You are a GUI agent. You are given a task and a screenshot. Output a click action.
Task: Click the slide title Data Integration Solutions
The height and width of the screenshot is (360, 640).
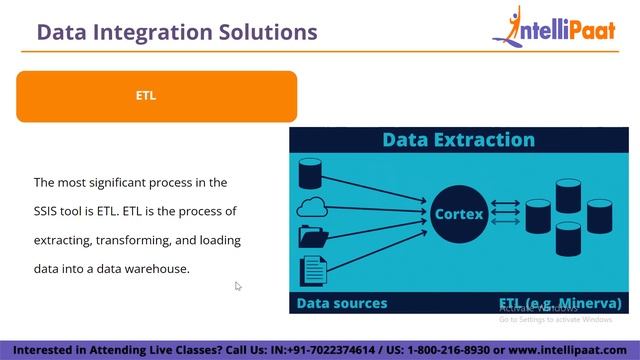(177, 32)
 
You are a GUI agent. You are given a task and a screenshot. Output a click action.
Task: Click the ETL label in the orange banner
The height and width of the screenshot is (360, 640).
(146, 96)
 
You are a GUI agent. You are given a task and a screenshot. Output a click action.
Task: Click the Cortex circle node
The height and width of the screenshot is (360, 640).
(458, 214)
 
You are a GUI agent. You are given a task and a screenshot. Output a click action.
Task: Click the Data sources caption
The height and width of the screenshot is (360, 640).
(341, 302)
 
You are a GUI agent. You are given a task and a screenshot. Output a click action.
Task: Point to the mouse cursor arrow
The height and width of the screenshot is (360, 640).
(238, 287)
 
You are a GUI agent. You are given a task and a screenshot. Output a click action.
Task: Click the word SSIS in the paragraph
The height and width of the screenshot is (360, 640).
(49, 211)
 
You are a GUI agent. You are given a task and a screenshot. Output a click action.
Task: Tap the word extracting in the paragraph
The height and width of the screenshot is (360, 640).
(63, 240)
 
